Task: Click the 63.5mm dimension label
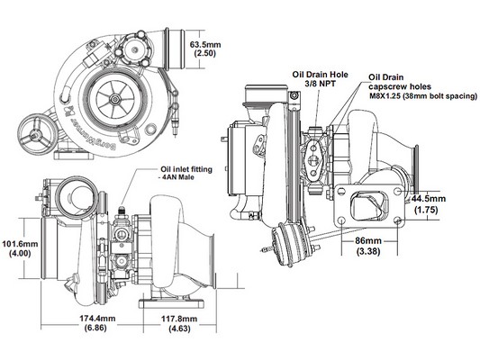tap(205, 45)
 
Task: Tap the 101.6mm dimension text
tap(20, 244)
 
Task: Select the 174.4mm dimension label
tap(97, 319)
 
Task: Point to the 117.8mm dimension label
tap(179, 319)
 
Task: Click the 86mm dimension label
tap(368, 240)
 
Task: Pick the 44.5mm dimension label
tap(429, 199)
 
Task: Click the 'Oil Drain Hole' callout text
tap(320, 75)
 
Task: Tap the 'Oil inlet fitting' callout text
tap(186, 169)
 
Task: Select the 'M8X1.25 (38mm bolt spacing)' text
tap(423, 96)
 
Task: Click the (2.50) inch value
tap(205, 53)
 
